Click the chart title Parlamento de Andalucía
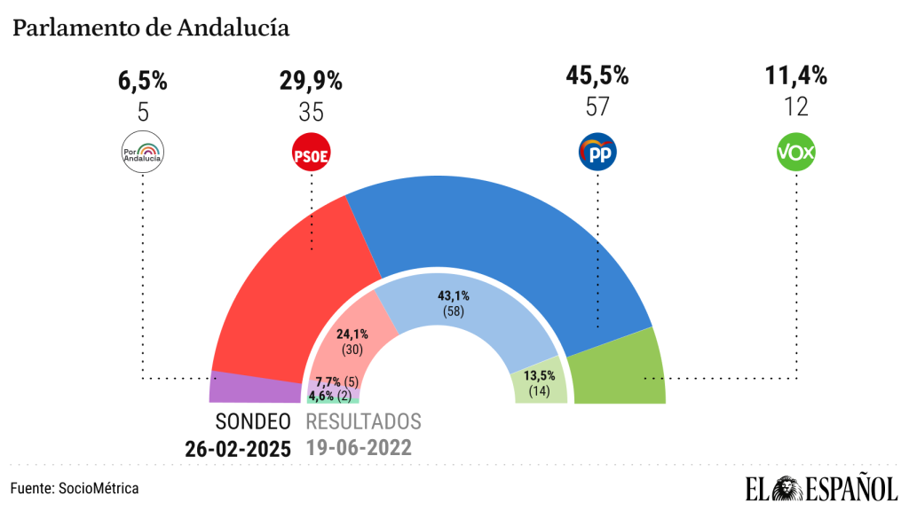click(x=150, y=28)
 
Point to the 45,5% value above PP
click(x=597, y=77)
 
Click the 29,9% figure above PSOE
click(x=311, y=82)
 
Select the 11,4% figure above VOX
click(x=796, y=77)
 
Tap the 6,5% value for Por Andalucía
click(x=142, y=82)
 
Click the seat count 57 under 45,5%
click(x=597, y=107)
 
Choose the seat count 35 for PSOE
click(x=311, y=112)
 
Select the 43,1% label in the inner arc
click(x=454, y=296)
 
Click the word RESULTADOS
click(x=363, y=421)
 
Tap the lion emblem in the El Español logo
click(x=787, y=489)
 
